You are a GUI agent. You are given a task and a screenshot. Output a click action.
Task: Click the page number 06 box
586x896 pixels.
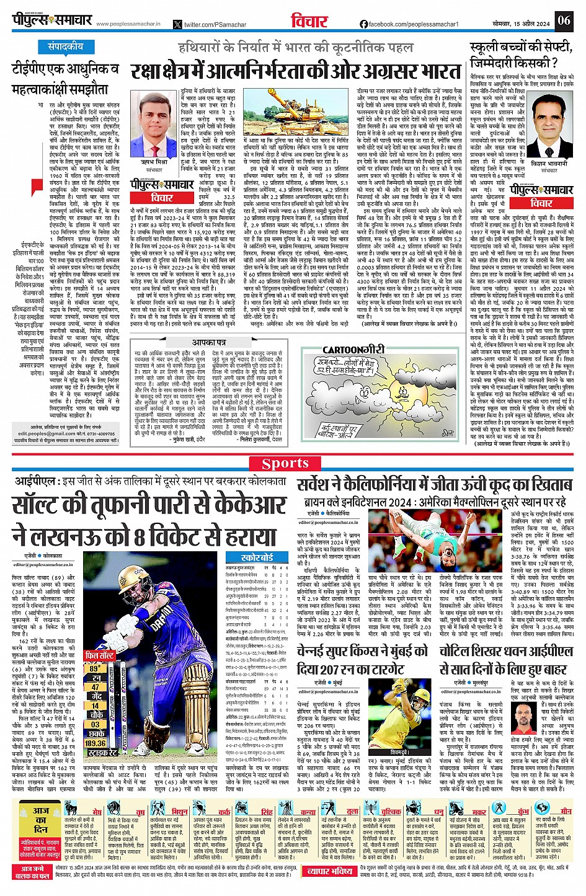pos(564,20)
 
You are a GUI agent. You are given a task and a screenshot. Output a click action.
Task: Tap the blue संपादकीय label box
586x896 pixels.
pos(66,47)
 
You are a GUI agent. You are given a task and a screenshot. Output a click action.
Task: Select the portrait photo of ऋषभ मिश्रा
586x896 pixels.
pos(154,115)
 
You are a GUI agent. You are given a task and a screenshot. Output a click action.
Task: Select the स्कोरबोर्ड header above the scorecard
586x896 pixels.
pos(251,557)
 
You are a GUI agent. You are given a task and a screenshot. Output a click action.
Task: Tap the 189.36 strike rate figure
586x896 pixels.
pos(95,743)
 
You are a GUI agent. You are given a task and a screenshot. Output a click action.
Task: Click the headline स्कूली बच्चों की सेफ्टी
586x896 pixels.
pos(521,48)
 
